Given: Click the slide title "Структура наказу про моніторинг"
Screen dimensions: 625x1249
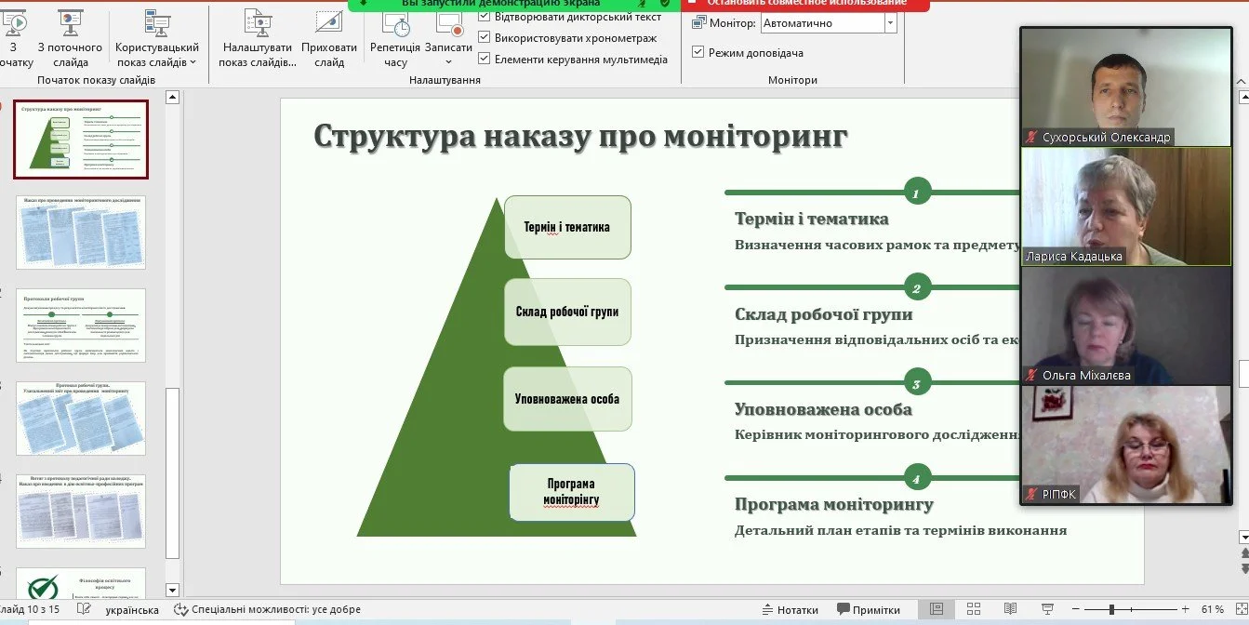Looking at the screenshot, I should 580,137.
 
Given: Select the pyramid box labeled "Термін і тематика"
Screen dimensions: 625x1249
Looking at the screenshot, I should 567,227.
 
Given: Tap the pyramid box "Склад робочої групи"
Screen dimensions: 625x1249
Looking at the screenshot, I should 567,312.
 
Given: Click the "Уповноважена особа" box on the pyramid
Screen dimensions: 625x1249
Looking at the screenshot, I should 567,399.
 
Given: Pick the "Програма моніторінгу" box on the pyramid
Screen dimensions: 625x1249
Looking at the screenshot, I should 571,492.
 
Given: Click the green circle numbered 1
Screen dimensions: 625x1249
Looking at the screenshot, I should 916,193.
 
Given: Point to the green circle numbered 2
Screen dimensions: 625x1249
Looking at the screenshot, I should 916,288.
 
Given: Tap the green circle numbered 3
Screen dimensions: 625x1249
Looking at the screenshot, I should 916,383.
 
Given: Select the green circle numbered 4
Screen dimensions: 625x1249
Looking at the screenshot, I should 916,479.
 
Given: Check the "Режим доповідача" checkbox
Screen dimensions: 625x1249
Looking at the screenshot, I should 699,53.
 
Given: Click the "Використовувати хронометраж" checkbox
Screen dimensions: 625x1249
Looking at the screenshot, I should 485,38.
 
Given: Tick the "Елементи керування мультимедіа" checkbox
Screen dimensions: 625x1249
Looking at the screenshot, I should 485,60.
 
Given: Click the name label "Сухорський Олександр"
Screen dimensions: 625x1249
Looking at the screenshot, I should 1106,138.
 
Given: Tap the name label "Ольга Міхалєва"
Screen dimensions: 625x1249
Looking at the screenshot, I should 1086,376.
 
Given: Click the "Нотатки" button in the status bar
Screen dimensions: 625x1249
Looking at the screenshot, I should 789,610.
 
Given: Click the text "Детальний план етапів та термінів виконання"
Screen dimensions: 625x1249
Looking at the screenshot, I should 900,531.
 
